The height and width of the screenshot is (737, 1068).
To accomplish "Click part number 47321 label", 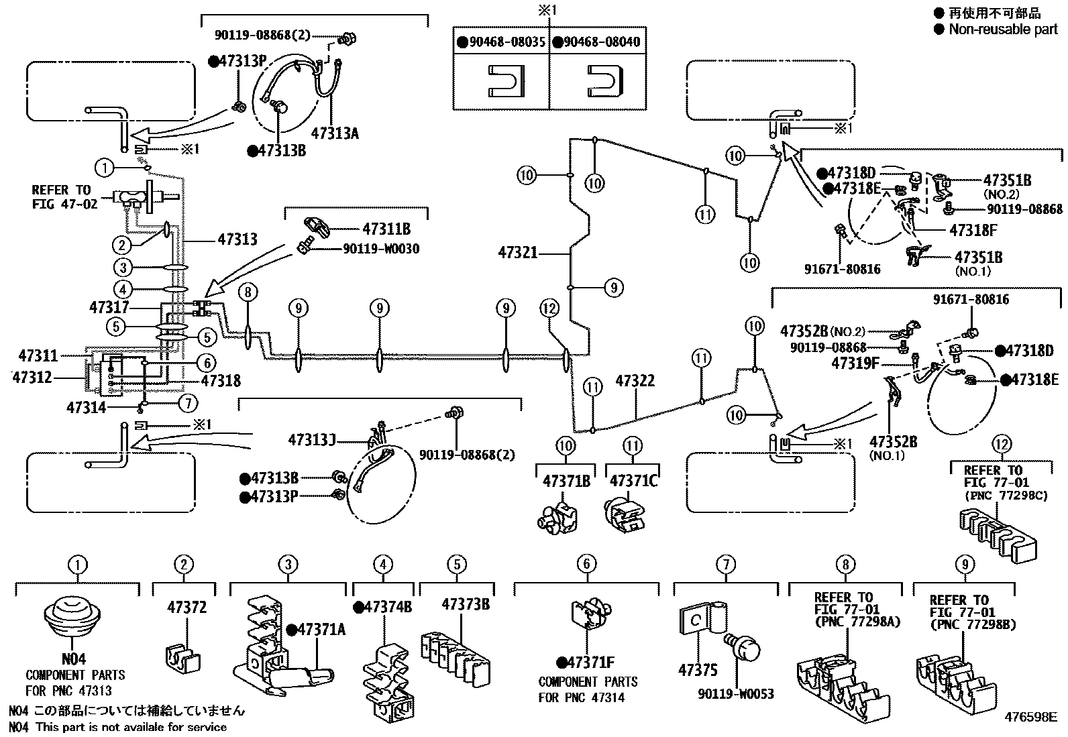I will [518, 253].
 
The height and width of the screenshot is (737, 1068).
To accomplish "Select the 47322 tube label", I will [635, 382].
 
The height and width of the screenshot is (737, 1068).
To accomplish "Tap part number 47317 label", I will [109, 307].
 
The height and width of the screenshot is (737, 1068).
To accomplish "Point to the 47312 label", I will [32, 378].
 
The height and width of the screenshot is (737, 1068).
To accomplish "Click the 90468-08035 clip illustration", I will [501, 80].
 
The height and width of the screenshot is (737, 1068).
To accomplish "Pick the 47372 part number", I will [186, 608].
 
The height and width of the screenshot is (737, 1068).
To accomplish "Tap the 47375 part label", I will [698, 670].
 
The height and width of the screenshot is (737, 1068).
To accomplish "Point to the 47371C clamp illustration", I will [623, 515].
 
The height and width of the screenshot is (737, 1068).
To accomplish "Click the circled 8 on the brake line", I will [248, 292].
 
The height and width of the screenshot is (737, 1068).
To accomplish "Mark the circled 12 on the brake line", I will [549, 308].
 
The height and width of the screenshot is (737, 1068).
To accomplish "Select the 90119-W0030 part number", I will [380, 249].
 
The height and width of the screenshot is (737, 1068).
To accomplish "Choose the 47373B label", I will [466, 604].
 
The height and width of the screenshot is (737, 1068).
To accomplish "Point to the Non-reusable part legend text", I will [1003, 29].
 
